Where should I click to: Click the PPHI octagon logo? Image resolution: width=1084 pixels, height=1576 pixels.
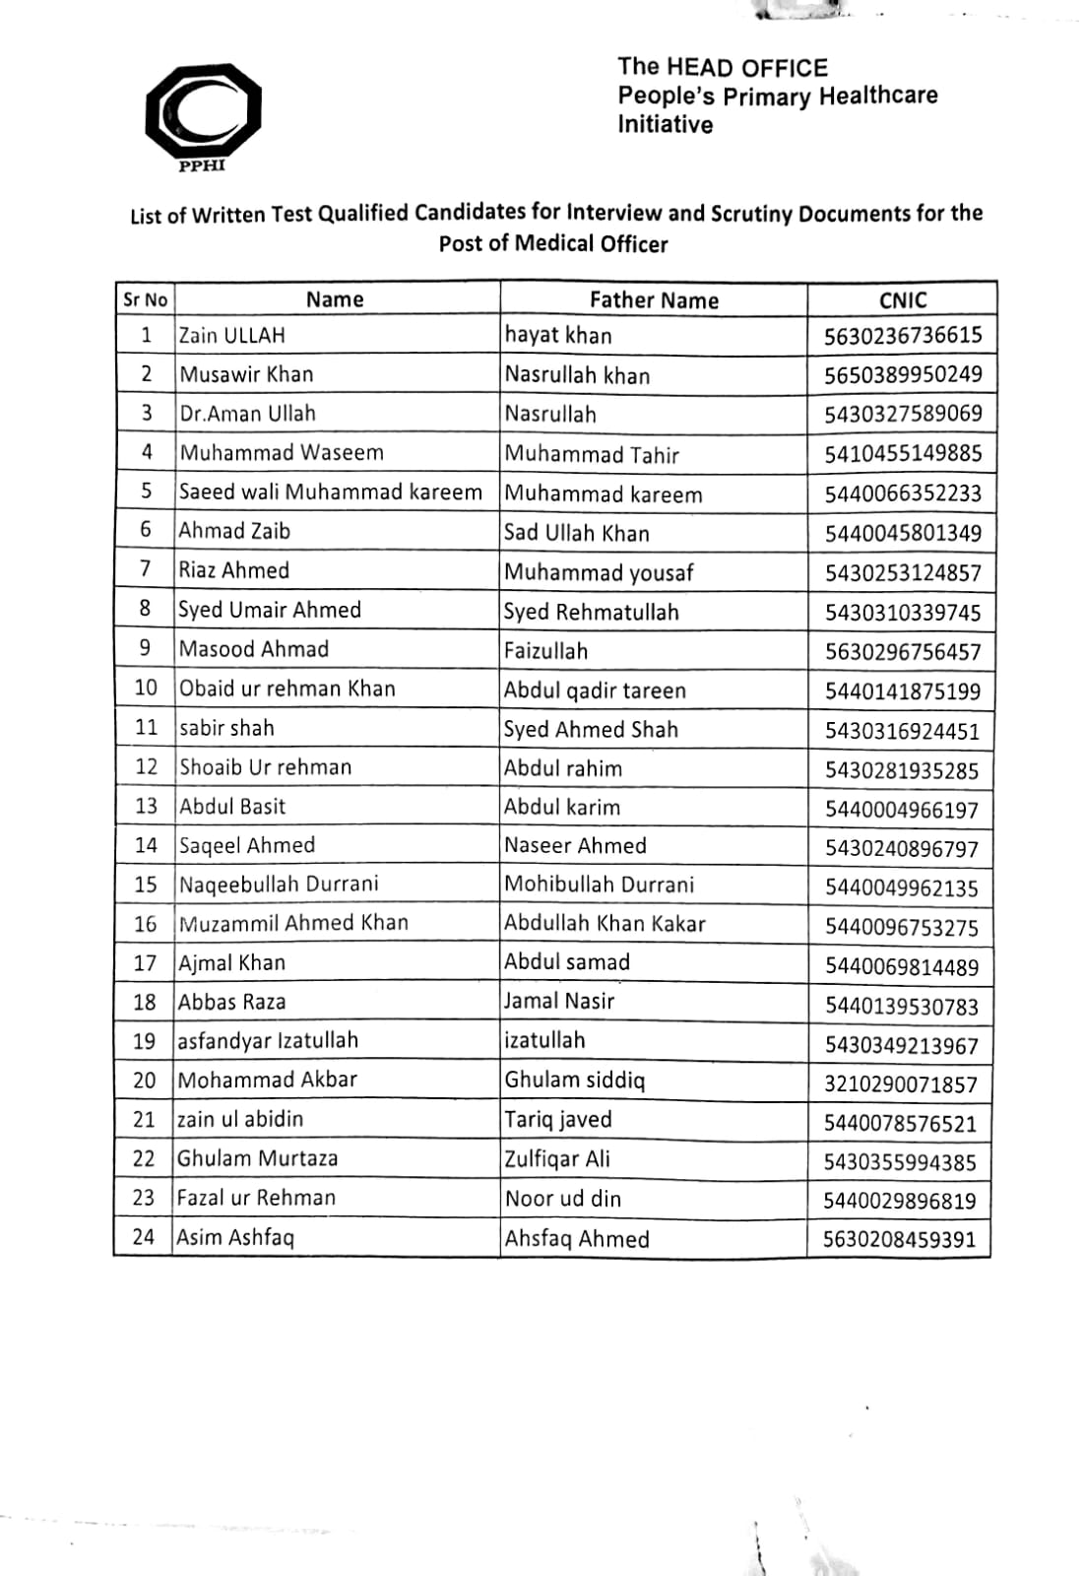(x=203, y=110)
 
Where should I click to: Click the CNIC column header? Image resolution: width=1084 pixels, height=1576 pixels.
(x=902, y=300)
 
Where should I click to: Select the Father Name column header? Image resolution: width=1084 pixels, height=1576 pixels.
(x=654, y=300)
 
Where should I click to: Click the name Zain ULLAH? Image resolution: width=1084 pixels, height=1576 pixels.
(x=232, y=335)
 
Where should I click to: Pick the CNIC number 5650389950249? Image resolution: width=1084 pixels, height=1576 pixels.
(x=902, y=374)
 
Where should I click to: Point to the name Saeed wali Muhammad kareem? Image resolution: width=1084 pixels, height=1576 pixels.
(x=331, y=492)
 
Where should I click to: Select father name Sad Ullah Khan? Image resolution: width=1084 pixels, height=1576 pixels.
(x=577, y=533)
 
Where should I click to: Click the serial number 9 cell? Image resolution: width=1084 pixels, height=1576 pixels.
(x=146, y=648)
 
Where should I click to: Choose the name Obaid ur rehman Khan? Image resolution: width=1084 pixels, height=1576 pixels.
(x=287, y=689)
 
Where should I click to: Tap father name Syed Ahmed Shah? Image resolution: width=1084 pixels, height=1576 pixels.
(x=591, y=730)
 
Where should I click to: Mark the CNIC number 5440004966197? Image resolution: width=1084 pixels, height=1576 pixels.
(x=902, y=810)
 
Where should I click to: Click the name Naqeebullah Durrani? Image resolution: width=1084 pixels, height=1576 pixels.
(x=279, y=884)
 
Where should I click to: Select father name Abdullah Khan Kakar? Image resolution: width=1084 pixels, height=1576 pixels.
(x=605, y=923)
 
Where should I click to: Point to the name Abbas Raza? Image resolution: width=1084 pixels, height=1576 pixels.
(x=232, y=1002)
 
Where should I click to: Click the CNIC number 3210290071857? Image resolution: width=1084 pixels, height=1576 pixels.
(x=901, y=1084)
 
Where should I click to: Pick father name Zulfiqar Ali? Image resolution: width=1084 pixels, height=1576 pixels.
(x=557, y=1158)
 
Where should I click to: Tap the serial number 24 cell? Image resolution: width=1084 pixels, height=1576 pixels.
(x=144, y=1237)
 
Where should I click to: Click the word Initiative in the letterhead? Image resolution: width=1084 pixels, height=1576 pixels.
(x=665, y=125)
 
